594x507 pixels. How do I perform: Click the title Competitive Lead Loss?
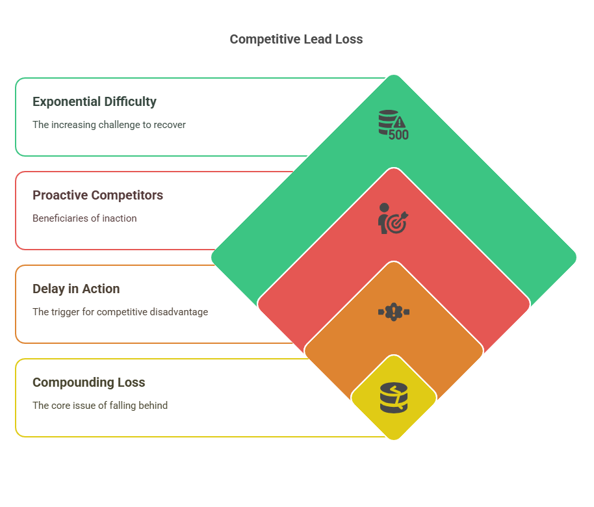pyautogui.click(x=296, y=40)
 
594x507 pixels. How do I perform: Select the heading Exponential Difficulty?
pyautogui.click(x=94, y=102)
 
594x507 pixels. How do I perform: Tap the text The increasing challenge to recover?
pyautogui.click(x=109, y=125)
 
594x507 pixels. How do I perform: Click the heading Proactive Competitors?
pyautogui.click(x=97, y=195)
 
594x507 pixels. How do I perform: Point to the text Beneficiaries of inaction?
pyautogui.click(x=84, y=218)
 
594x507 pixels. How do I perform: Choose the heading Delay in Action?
pyautogui.click(x=76, y=289)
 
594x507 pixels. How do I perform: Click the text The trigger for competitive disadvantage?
pyautogui.click(x=120, y=312)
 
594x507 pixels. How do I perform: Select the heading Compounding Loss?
pyautogui.click(x=88, y=382)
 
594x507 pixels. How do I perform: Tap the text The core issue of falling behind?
pyautogui.click(x=100, y=406)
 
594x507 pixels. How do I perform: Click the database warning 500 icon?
pyautogui.click(x=394, y=125)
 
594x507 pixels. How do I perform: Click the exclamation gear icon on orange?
pyautogui.click(x=394, y=312)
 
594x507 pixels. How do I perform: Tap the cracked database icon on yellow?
pyautogui.click(x=394, y=398)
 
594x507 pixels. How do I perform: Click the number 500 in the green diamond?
pyautogui.click(x=399, y=135)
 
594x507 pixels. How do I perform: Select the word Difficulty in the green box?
pyautogui.click(x=131, y=102)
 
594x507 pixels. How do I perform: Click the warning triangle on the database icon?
pyautogui.click(x=400, y=122)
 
